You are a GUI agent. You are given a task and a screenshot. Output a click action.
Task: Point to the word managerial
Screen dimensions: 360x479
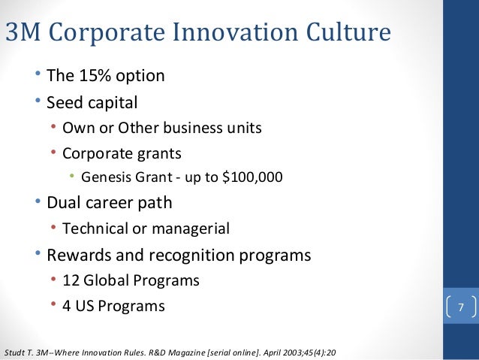[191, 228]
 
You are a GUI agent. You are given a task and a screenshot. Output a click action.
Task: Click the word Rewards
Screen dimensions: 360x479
[77, 255]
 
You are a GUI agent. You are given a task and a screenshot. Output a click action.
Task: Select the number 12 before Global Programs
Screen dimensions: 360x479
[71, 280]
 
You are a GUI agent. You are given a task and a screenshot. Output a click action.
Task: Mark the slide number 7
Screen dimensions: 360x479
[461, 307]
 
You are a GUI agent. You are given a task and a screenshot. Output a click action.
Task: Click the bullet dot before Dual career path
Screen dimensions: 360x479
[38, 202]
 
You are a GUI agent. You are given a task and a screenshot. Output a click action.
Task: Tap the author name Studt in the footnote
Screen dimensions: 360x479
[16, 352]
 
